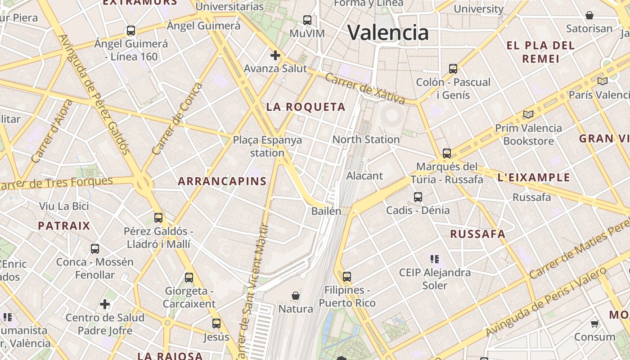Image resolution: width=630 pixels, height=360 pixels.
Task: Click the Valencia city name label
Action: click(388, 32)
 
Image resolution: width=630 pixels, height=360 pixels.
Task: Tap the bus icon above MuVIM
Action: click(307, 20)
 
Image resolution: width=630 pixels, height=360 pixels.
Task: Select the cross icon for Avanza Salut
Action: click(275, 55)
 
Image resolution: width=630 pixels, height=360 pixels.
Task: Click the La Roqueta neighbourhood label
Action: click(306, 107)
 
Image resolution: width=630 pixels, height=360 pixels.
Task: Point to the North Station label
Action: click(365, 139)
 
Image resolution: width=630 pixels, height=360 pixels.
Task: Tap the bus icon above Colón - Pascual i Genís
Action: click(453, 69)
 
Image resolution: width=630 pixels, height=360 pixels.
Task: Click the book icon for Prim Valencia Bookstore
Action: click(528, 115)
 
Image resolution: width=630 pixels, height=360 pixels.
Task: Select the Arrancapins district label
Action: click(222, 181)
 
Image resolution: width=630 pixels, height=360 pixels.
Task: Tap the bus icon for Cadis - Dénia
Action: click(418, 197)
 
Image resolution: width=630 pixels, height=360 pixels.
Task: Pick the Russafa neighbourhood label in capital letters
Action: click(477, 234)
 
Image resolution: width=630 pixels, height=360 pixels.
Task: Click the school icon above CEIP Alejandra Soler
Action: click(434, 259)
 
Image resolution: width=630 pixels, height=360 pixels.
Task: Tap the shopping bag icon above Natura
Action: click(296, 296)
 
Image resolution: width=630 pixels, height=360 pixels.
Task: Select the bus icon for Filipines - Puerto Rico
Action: click(346, 276)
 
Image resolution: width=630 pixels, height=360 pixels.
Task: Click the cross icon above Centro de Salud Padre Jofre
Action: click(105, 305)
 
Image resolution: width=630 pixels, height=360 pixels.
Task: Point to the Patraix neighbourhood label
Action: click(64, 225)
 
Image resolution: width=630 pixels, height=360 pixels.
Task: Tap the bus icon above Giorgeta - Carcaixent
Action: click(189, 278)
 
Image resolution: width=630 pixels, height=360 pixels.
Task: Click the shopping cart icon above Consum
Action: click(594, 324)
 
